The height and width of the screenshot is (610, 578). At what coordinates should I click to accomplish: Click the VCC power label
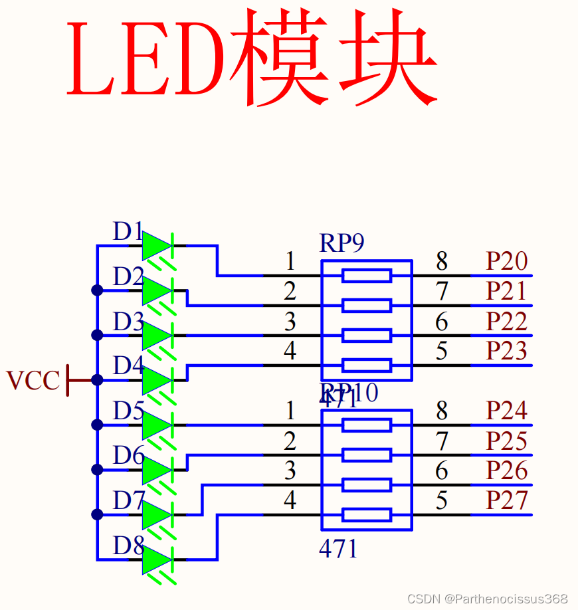click(33, 381)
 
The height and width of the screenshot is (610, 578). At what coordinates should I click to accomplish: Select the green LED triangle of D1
click(156, 246)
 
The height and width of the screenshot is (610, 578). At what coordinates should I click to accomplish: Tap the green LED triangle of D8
click(156, 559)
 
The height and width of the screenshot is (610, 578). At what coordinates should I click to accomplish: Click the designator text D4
click(128, 365)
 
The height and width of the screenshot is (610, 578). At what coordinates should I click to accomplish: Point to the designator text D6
click(128, 456)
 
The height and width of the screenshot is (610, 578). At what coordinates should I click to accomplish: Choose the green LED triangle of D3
click(156, 336)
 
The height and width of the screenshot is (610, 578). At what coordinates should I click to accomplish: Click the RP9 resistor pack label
click(341, 244)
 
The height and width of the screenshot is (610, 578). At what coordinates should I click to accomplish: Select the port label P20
click(506, 262)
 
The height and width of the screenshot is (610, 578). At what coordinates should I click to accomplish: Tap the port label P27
click(506, 500)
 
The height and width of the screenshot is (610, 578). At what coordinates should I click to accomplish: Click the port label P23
click(506, 351)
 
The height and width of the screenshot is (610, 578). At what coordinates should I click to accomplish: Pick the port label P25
click(506, 441)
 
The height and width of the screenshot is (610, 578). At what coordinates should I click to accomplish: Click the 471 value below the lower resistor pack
click(338, 549)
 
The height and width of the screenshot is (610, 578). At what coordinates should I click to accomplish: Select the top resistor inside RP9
click(366, 275)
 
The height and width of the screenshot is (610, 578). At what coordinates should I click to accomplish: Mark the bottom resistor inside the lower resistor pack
click(366, 514)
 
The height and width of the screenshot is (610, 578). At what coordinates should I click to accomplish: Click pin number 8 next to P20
click(442, 262)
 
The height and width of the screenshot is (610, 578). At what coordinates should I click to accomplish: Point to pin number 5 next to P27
click(442, 500)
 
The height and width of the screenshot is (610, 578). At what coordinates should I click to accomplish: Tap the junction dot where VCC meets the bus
click(97, 380)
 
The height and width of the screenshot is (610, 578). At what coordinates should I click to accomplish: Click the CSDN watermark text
click(487, 599)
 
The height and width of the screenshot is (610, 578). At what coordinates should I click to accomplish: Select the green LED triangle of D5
click(156, 425)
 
